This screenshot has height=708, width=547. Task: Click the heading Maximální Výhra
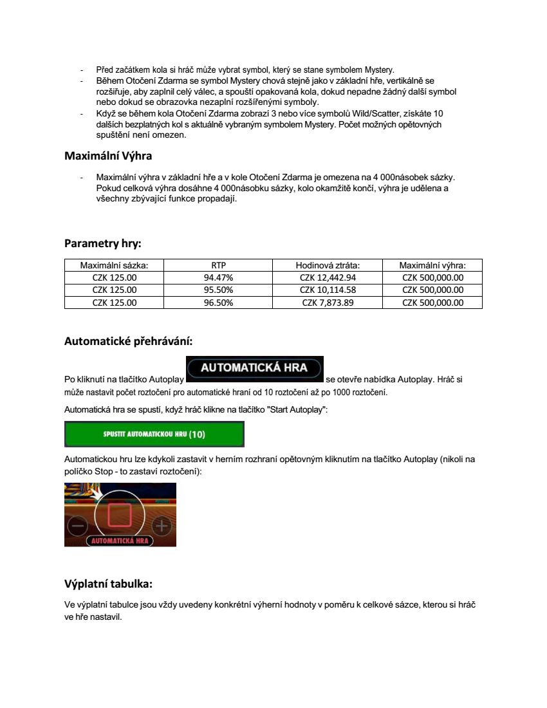click(x=108, y=156)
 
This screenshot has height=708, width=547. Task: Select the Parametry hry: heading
click(x=102, y=243)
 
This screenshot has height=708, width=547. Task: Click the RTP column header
click(x=218, y=265)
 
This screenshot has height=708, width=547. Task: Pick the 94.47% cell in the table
click(x=218, y=277)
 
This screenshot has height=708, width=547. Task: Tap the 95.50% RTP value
click(x=218, y=290)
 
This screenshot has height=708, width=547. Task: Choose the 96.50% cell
click(x=218, y=303)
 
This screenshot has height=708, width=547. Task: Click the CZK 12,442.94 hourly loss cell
click(x=328, y=277)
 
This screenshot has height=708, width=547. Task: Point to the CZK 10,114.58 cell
click(x=328, y=290)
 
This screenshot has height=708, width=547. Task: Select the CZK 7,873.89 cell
click(x=328, y=303)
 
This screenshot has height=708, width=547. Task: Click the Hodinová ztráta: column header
click(x=328, y=265)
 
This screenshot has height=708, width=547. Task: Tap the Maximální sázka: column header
click(x=114, y=265)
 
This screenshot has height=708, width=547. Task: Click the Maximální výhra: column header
click(x=432, y=265)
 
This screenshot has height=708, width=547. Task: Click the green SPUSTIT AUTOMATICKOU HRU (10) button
click(x=154, y=434)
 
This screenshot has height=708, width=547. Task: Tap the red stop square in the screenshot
click(x=120, y=515)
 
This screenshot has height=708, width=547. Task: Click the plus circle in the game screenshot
click(x=161, y=526)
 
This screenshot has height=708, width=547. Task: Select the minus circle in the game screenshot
click(x=77, y=526)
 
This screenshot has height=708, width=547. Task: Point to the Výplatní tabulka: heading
click(x=108, y=584)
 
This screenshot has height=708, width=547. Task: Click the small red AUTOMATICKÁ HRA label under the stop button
click(x=120, y=541)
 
